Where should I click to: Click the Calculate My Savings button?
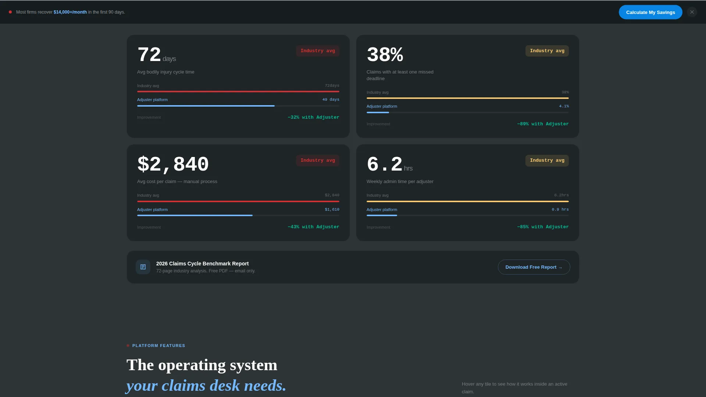click(650, 12)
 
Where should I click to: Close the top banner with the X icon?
click(692, 12)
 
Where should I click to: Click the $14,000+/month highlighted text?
click(70, 12)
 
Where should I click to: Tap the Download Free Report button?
click(534, 267)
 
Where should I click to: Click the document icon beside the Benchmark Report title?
click(143, 267)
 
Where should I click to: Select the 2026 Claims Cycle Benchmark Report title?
click(203, 264)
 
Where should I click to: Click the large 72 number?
click(149, 55)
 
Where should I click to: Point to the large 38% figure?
click(385, 55)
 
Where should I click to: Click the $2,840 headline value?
click(173, 164)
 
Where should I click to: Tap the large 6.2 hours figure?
click(385, 164)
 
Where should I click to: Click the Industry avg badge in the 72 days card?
click(318, 51)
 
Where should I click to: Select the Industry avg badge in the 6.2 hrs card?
click(547, 160)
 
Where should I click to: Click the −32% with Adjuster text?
click(313, 117)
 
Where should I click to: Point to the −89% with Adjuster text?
click(543, 124)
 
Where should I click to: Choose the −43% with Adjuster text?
click(313, 227)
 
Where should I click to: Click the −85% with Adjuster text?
click(543, 227)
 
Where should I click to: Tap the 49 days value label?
click(331, 100)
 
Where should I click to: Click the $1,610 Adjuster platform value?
click(332, 210)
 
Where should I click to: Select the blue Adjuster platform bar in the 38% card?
click(378, 112)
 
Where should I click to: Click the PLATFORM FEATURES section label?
click(159, 346)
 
